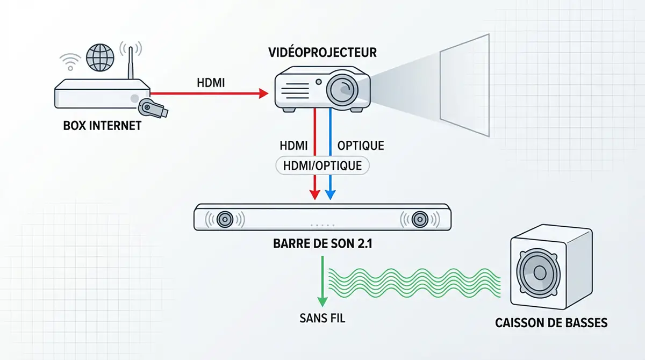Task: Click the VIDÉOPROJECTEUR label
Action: pos(322,53)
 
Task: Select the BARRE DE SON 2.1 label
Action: pos(322,243)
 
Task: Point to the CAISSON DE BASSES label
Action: pos(551,323)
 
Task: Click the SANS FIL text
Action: pos(322,318)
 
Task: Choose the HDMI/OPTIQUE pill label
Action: pos(322,165)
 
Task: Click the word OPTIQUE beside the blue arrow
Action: pos(360,146)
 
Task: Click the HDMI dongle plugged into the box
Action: pos(153,109)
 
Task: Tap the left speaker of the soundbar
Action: pos(225,219)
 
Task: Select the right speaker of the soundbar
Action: pos(419,219)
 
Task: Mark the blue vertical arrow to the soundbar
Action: pos(331,156)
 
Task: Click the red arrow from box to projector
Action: pos(210,93)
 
